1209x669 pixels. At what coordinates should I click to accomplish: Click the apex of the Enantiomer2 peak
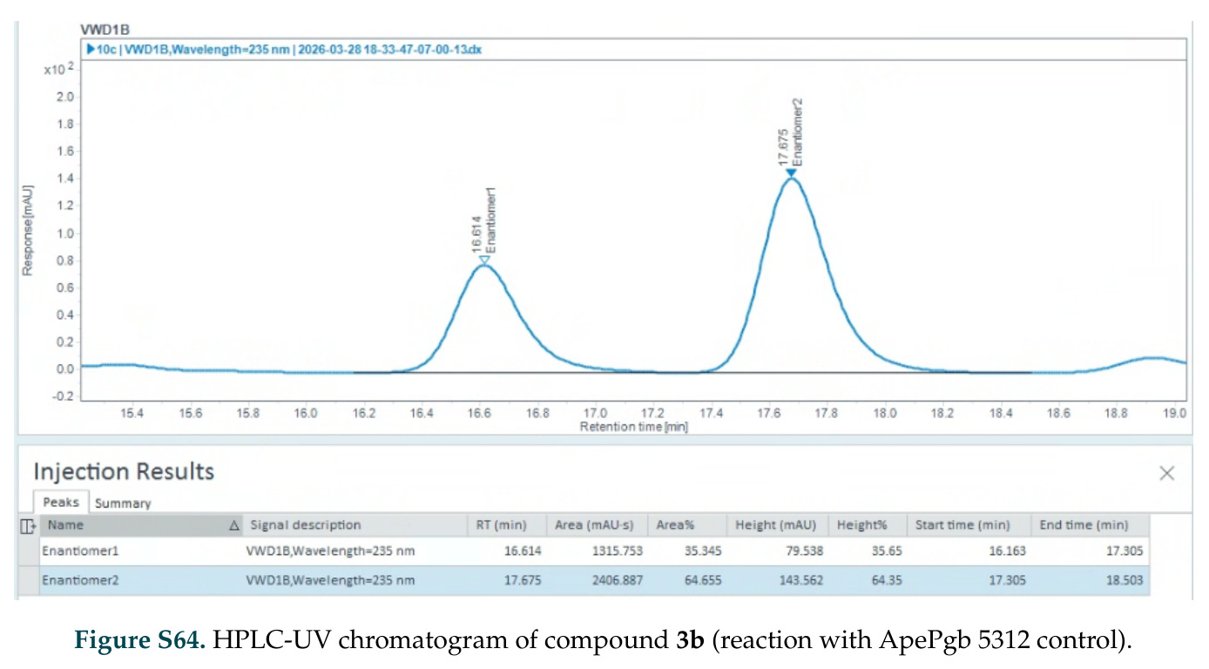coord(791,178)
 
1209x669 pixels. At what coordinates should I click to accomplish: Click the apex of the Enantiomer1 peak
coord(484,265)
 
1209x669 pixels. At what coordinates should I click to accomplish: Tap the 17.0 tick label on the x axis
coord(595,413)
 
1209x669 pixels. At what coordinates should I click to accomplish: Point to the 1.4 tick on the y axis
coord(65,179)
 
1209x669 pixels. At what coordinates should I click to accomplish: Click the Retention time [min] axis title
coord(633,427)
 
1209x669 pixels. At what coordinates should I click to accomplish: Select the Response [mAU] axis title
coord(28,231)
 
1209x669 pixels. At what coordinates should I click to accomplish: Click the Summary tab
coord(123,503)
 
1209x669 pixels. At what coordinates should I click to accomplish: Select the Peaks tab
coord(61,502)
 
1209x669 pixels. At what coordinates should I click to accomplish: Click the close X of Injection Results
coord(1167,473)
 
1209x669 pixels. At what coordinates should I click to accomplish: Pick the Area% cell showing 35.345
coord(703,551)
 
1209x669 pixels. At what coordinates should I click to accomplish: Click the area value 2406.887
coord(618,580)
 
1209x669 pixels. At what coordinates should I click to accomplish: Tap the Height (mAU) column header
coord(775,524)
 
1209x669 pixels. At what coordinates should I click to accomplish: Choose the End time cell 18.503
coord(1125,580)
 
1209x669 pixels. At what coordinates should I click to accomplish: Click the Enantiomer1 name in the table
coord(80,551)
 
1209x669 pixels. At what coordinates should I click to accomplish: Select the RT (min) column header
coord(501,524)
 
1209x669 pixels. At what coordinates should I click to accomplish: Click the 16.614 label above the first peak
coord(476,234)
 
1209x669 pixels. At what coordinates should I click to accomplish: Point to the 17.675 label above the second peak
coord(784,147)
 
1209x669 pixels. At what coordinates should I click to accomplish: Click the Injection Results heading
coord(124,471)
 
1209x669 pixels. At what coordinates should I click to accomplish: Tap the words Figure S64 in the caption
coord(139,640)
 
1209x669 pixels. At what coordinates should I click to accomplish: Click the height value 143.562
coord(801,580)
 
